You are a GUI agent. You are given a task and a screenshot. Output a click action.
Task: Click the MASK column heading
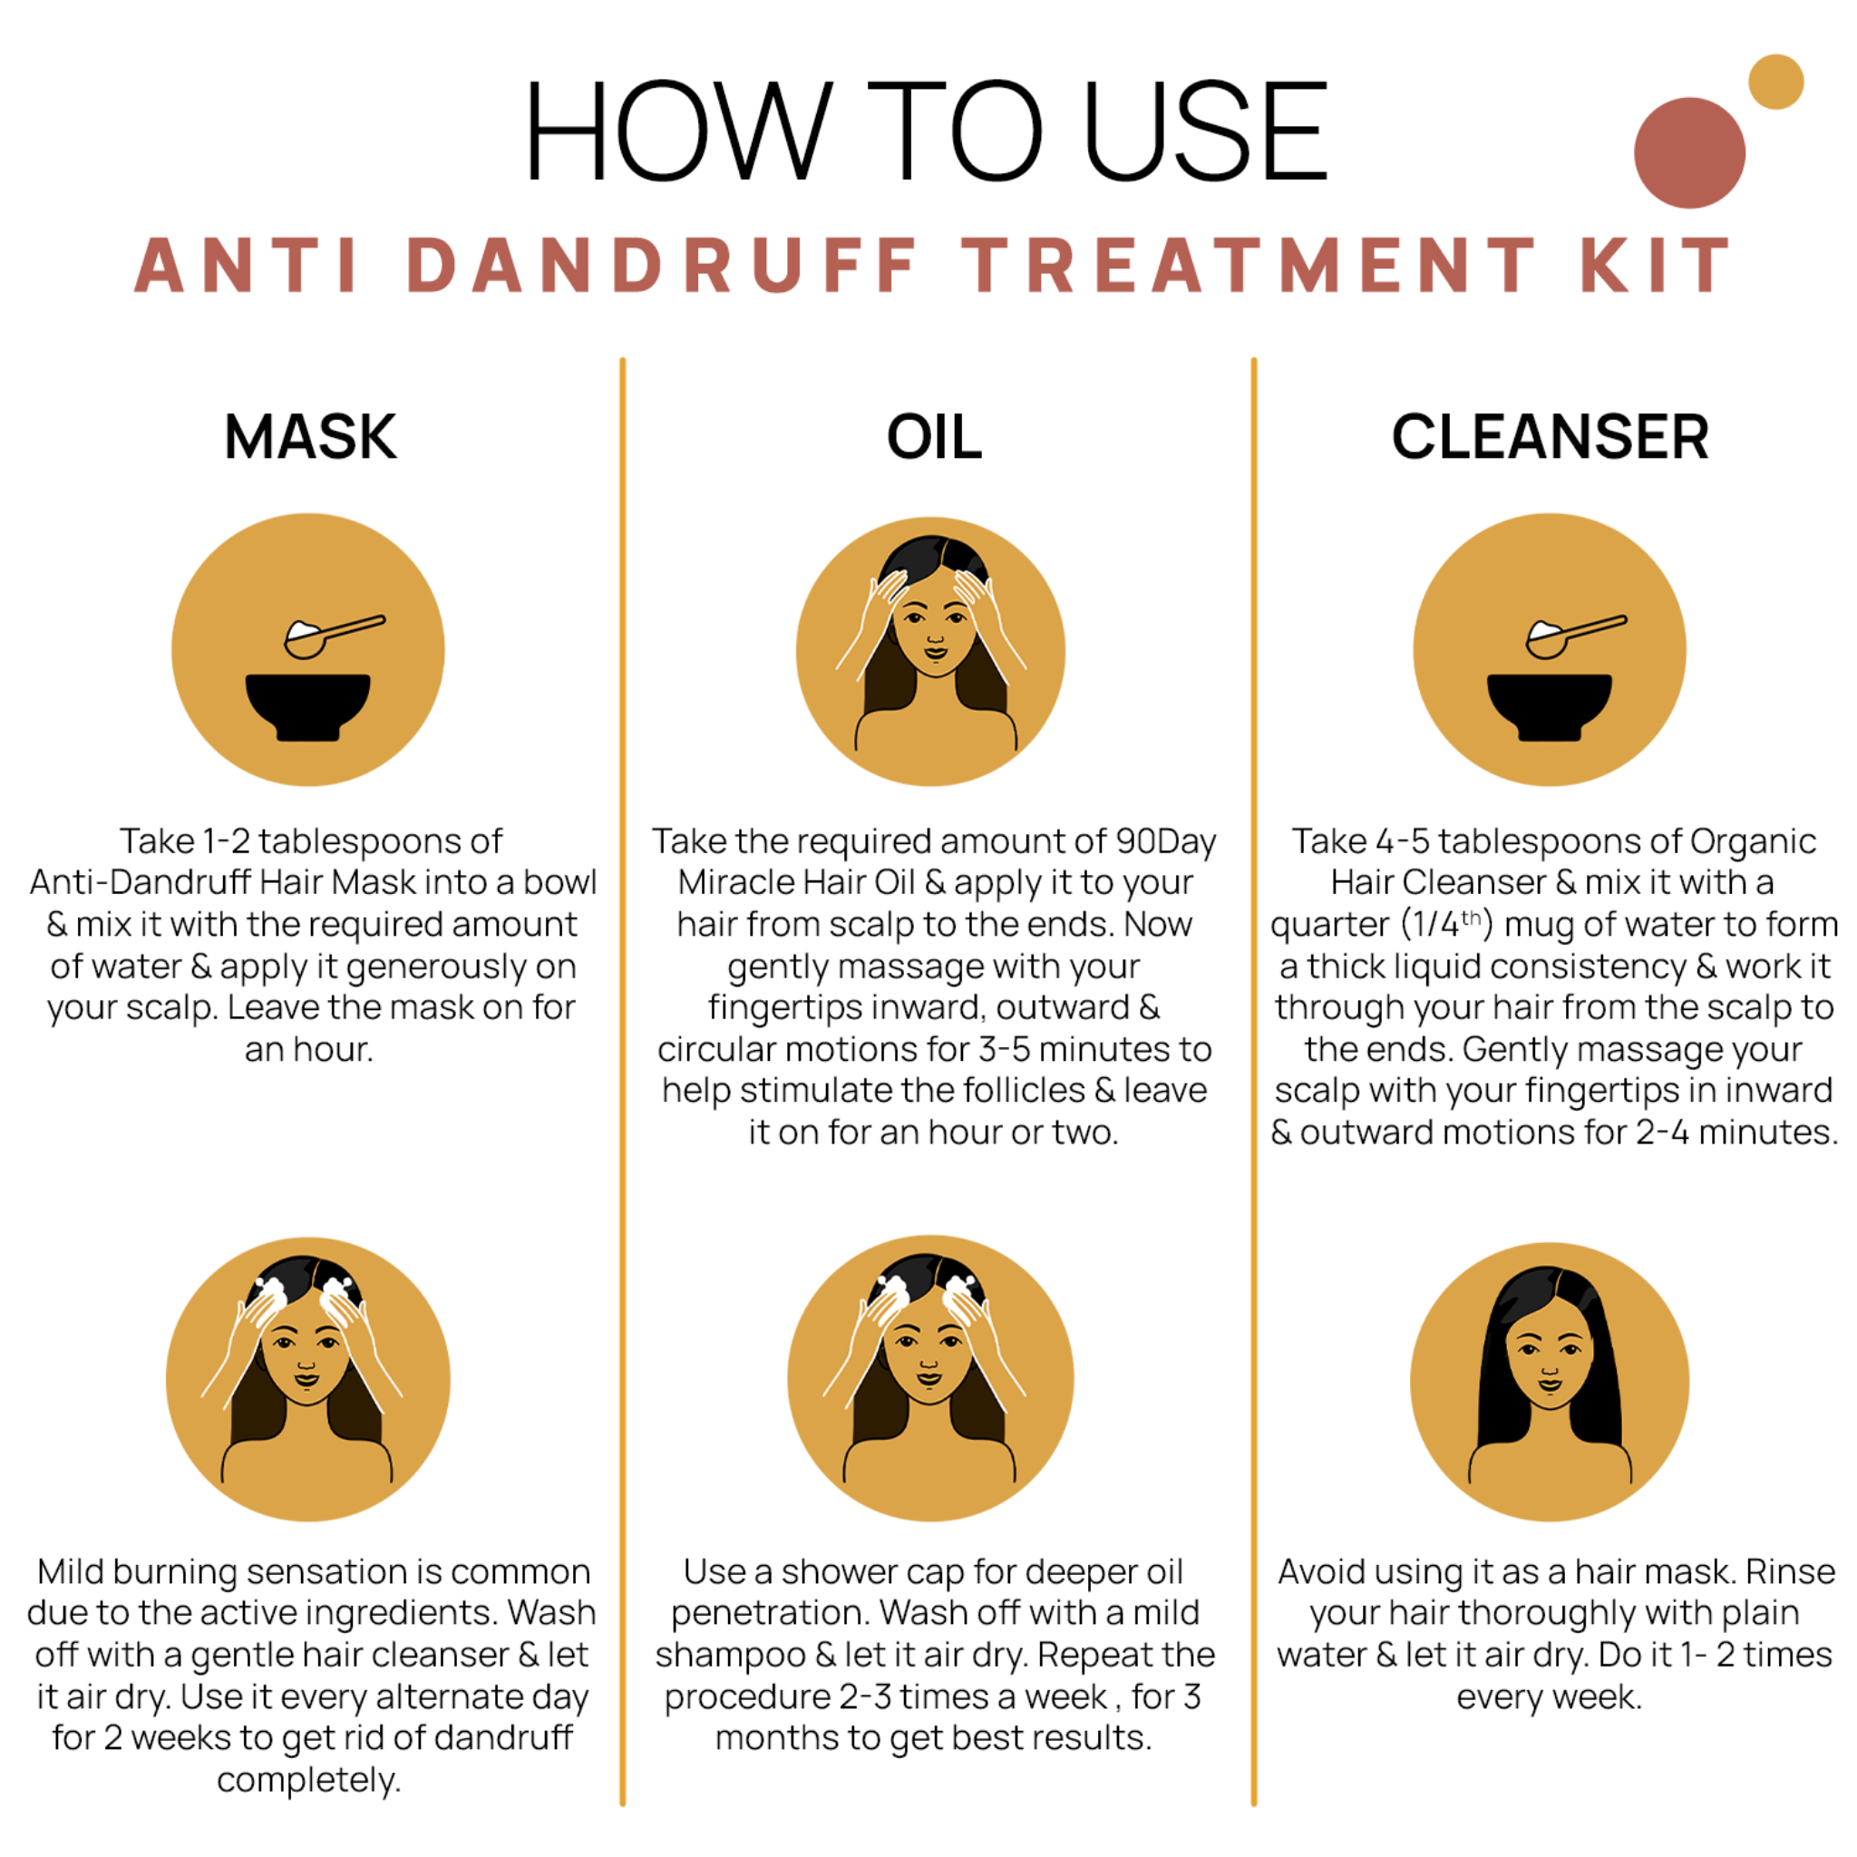point(309,437)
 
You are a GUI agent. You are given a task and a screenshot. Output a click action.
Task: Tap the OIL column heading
point(933,437)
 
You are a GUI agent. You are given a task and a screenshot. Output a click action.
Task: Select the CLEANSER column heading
point(1550,437)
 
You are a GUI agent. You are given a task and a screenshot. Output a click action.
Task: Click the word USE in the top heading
point(1206,131)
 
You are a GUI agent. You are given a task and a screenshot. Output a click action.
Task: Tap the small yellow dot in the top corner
point(1775,82)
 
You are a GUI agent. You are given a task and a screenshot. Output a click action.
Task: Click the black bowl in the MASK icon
point(307,705)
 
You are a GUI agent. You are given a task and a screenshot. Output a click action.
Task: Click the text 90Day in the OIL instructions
point(1165,841)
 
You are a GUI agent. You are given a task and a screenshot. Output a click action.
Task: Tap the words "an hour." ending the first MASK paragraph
point(308,1049)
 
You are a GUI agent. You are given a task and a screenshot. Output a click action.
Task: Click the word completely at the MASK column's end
point(308,1780)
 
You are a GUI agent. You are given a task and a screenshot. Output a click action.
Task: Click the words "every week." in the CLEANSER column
point(1549,1697)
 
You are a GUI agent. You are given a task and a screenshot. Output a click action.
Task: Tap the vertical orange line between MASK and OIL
point(623,1057)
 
